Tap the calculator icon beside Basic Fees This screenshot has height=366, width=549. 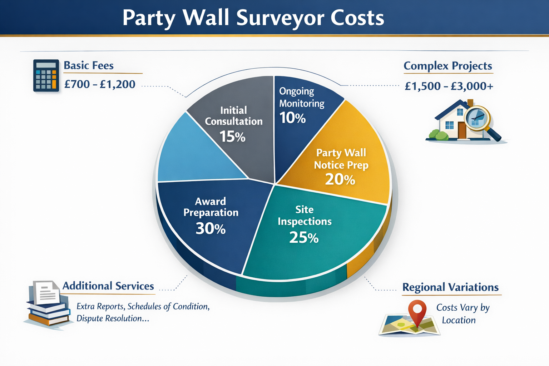pos(46,75)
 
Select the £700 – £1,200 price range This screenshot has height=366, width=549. pos(100,84)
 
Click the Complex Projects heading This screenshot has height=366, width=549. pos(448,66)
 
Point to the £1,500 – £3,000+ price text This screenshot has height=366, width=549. pos(449,86)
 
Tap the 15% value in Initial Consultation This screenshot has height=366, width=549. pos(232,137)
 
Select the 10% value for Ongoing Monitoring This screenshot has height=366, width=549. pos(292,118)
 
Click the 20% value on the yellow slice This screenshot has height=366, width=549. pos(340,179)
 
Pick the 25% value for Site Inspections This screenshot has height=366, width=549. pos(304,238)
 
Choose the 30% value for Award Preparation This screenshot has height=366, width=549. pos(211,229)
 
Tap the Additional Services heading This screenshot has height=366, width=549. pos(108,286)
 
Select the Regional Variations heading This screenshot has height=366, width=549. pos(450,287)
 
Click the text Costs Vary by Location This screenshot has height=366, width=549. pos(461,314)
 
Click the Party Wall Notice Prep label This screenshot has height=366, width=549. pos(341,159)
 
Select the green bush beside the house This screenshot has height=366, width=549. pos(438,135)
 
